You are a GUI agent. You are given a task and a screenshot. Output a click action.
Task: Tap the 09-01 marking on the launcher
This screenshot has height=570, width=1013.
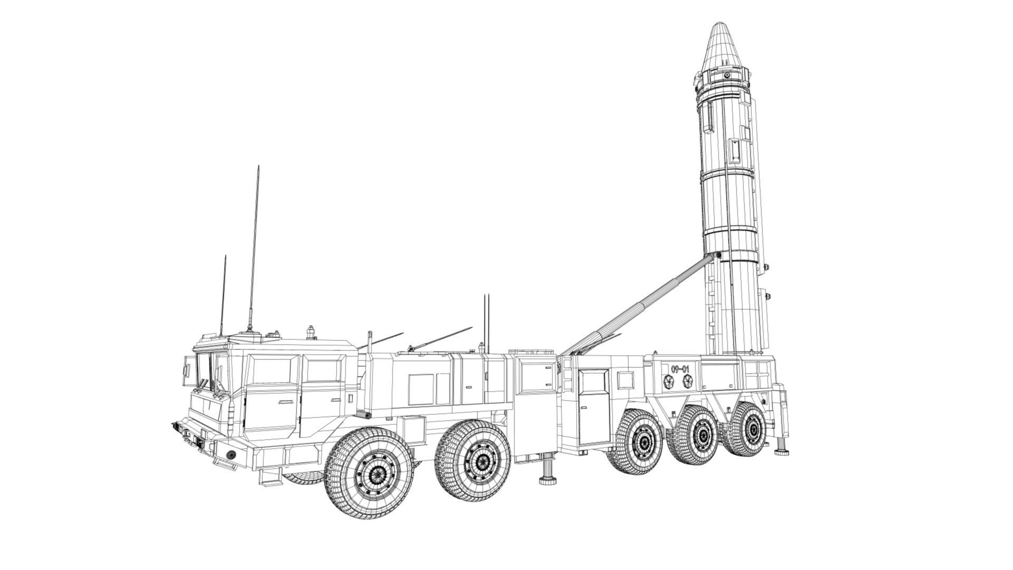pyautogui.click(x=680, y=368)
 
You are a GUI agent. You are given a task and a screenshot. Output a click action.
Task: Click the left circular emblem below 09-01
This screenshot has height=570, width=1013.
pyautogui.click(x=669, y=382)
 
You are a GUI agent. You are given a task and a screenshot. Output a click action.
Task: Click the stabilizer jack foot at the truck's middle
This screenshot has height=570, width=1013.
pyautogui.click(x=549, y=480)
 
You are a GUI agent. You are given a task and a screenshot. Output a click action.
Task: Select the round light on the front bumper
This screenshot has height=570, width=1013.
pyautogui.click(x=231, y=454)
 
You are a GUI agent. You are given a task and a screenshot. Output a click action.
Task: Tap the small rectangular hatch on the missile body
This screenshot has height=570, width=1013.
pyautogui.click(x=734, y=151)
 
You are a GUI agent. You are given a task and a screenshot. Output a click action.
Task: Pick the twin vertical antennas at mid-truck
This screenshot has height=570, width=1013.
pyautogui.click(x=486, y=322)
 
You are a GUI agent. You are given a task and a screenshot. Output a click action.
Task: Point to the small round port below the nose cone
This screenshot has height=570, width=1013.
pyautogui.click(x=727, y=76)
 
